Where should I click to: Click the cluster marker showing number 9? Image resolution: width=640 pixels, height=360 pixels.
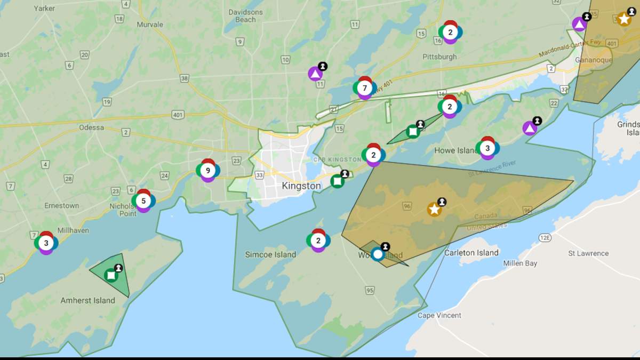point(207,171)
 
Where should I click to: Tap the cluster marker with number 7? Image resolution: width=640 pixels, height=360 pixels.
point(365,88)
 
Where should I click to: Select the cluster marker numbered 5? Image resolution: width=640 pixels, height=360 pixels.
point(143,201)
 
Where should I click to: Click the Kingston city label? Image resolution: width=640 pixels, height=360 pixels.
point(301,186)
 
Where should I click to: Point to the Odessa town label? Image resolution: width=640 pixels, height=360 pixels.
point(91,127)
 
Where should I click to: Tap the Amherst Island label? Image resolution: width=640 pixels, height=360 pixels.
point(87,300)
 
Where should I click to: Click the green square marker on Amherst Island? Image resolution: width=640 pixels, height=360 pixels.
point(111,275)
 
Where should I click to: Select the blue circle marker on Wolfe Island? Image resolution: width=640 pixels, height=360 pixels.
point(378,254)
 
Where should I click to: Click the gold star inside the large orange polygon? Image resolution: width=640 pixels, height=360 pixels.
point(434,209)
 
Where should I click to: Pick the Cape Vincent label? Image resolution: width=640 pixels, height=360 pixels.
point(439,315)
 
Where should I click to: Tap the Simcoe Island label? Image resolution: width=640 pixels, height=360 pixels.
point(270,254)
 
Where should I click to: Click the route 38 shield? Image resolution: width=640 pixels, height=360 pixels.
point(185,78)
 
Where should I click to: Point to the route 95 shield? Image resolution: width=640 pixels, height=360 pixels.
point(370,291)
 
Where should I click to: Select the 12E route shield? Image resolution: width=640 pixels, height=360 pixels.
point(544,238)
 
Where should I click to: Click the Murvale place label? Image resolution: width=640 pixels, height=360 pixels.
point(150,25)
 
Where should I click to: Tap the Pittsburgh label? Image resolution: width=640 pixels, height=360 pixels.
point(439,57)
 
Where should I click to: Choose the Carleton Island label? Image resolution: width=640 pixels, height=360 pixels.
point(471,253)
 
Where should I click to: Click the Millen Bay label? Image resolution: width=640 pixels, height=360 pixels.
point(520,263)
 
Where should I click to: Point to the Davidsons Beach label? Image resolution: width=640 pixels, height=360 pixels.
point(245,15)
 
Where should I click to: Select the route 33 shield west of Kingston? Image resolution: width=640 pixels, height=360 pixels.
point(259,174)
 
